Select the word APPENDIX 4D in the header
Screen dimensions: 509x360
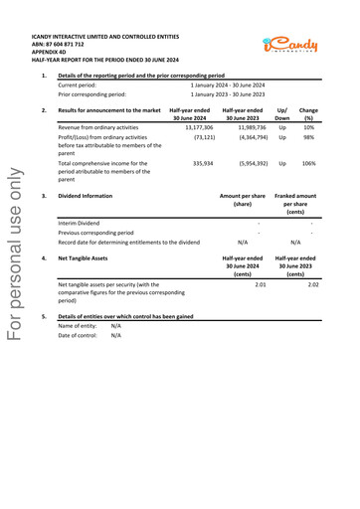[52, 53]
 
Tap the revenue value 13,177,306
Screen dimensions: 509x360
[199, 128]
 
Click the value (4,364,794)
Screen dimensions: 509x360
[249, 138]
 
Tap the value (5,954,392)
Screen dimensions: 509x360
[249, 163]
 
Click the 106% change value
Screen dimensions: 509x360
[308, 163]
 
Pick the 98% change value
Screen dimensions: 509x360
[309, 138]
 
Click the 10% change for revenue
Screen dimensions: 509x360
[309, 128]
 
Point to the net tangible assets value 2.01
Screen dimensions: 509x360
[261, 284]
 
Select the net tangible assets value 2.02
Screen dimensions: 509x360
[313, 284]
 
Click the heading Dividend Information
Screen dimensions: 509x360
[86, 196]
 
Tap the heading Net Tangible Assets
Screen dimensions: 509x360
[84, 257]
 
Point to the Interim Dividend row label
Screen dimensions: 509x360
[80, 224]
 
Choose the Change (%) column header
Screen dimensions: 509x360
[308, 113]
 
